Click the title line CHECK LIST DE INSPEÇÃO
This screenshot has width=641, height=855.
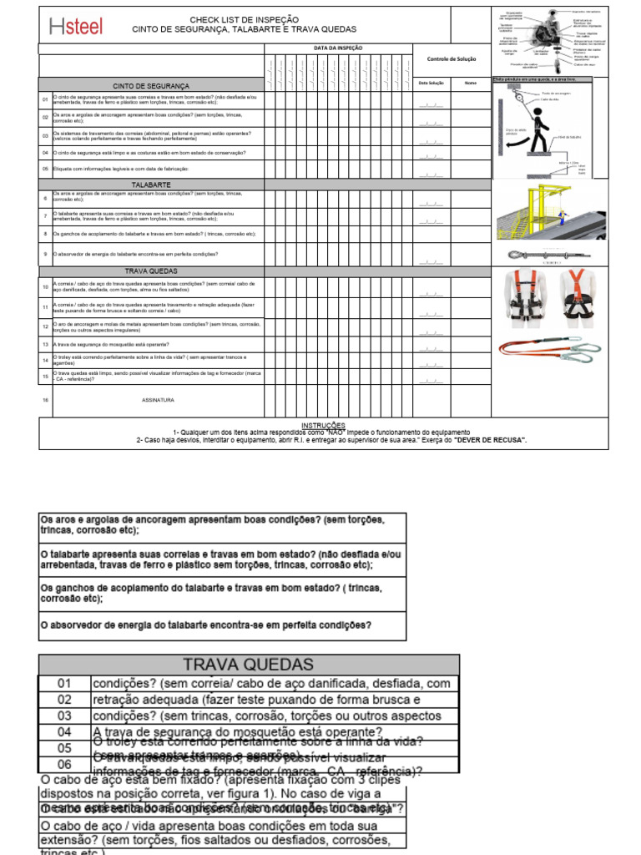[243, 19]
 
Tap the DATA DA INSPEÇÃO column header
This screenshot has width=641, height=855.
[338, 48]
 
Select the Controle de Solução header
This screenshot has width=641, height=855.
[451, 59]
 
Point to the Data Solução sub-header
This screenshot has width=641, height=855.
[431, 83]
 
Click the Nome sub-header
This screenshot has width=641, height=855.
[471, 83]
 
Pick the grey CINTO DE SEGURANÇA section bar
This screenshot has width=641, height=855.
[151, 86]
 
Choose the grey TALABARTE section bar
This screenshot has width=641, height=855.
[151, 184]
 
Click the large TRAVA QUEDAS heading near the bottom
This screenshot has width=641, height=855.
[249, 665]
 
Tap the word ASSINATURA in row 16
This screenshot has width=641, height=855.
[158, 400]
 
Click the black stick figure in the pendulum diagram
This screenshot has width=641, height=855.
[540, 129]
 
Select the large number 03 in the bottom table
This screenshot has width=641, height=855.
[64, 716]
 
